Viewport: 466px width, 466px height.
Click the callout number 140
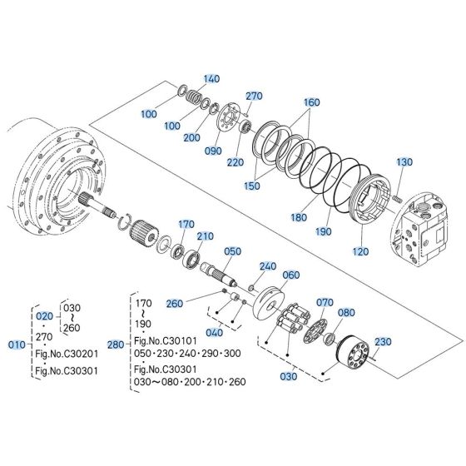(211, 79)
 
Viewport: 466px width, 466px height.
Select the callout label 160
(311, 102)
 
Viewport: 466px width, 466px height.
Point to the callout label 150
(250, 186)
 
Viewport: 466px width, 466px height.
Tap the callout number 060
(291, 275)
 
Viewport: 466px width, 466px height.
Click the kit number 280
(116, 343)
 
